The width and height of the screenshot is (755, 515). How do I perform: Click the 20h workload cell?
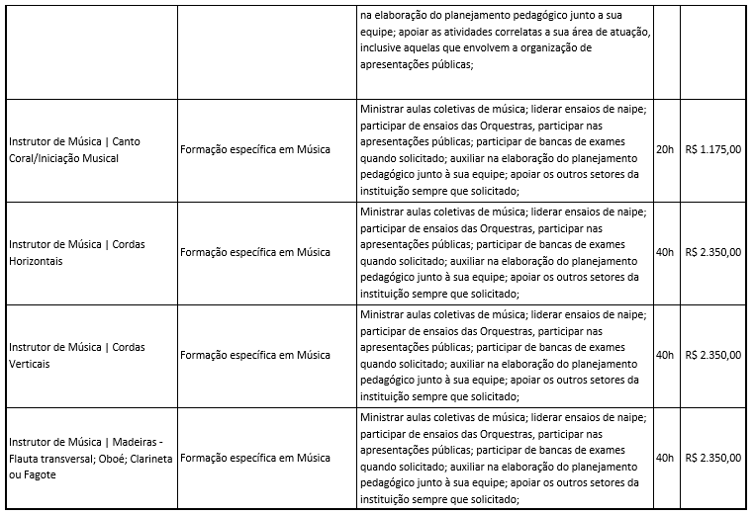pos(665,149)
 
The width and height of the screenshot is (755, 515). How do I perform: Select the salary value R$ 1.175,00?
pos(712,149)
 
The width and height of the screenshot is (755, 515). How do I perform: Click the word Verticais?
pos(29,363)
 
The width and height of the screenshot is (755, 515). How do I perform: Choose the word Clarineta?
pos(146,459)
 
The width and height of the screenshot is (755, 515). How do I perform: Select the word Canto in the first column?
pos(127,141)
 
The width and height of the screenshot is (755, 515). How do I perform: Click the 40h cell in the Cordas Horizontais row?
pos(665,252)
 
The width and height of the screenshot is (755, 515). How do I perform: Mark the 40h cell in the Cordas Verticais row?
pos(665,355)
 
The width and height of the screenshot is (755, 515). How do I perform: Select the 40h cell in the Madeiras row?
pos(665,458)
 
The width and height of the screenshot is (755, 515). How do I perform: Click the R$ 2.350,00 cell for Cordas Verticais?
pos(712,355)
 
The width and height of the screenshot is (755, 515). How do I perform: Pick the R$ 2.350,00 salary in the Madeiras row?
pos(712,458)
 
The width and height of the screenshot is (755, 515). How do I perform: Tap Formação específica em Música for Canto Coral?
pos(255,149)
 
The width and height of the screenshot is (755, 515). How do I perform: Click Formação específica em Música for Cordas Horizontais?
pos(255,252)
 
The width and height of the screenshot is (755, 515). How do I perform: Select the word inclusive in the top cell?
pos(383,46)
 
